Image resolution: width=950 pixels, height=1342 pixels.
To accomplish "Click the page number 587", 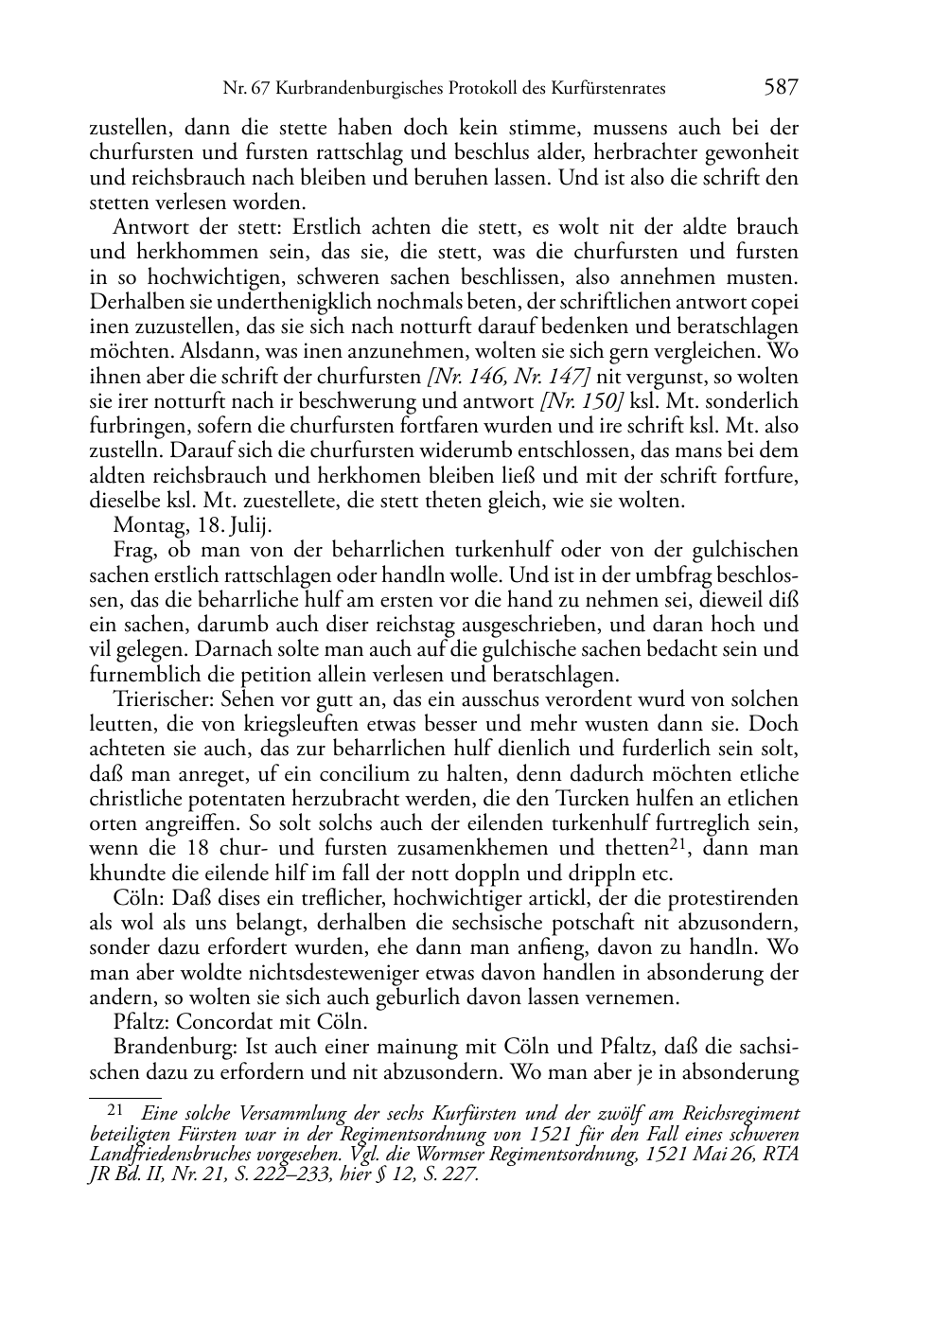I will (781, 88).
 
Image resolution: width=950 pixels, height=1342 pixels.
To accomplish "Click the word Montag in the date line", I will (142, 524).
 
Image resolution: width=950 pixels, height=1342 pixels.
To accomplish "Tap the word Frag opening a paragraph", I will (132, 550).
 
